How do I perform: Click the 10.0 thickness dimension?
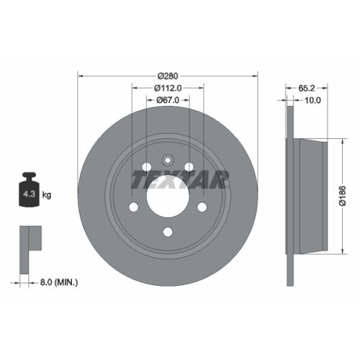click(x=312, y=101)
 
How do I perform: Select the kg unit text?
click(x=47, y=194)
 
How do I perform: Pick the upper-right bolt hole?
click(x=189, y=168)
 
